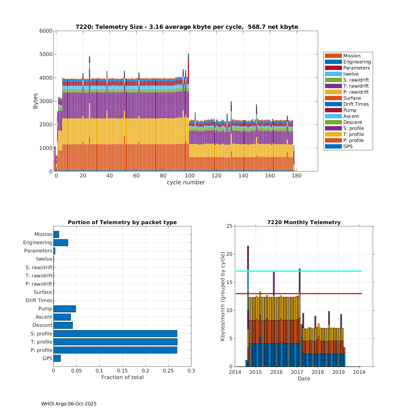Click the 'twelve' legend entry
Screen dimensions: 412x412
[351, 74]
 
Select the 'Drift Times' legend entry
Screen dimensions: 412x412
[356, 104]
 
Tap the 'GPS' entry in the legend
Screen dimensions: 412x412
[348, 146]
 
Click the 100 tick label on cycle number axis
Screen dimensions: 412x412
[190, 176]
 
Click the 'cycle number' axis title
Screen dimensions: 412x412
[186, 182]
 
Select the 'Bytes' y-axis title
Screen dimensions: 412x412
[35, 101]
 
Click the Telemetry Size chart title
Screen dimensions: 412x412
[187, 27]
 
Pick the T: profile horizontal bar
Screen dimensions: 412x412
[115, 342]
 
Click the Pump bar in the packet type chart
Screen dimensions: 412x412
[65, 309]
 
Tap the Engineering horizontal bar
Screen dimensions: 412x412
[61, 243]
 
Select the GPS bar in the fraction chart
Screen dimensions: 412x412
[57, 358]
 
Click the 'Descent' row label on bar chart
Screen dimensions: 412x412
[42, 325]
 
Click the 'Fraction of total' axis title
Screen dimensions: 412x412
[123, 377]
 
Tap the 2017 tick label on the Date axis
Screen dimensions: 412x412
[297, 372]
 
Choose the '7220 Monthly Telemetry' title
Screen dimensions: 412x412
[304, 222]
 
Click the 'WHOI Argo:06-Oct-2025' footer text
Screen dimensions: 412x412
[69, 404]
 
